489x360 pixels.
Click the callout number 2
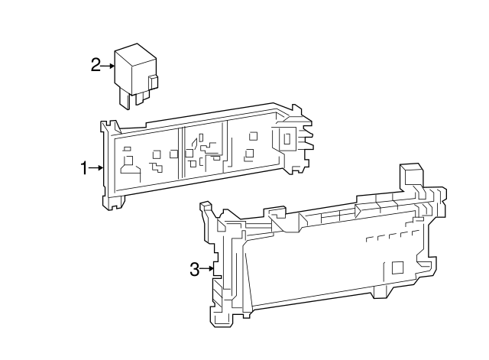click(x=96, y=65)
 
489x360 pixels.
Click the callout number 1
click(x=86, y=167)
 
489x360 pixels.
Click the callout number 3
click(x=195, y=268)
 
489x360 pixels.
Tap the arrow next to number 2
click(x=108, y=66)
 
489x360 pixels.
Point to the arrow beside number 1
click(x=97, y=167)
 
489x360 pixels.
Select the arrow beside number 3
click(x=207, y=268)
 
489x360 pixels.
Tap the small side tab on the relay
click(x=154, y=80)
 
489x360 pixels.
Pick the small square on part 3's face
click(x=397, y=268)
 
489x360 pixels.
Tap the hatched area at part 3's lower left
click(x=218, y=294)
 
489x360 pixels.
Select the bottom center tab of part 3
click(x=380, y=290)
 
